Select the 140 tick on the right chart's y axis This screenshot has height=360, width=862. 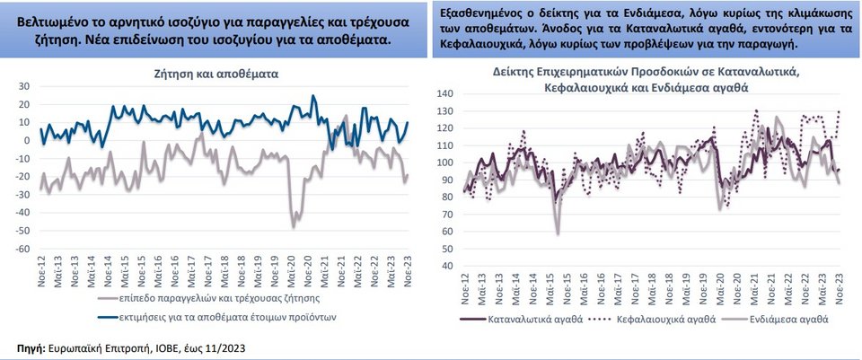(446, 93)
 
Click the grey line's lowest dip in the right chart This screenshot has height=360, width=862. (558, 233)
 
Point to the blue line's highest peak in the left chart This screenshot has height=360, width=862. (313, 95)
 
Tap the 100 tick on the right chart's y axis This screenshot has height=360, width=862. (446, 162)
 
